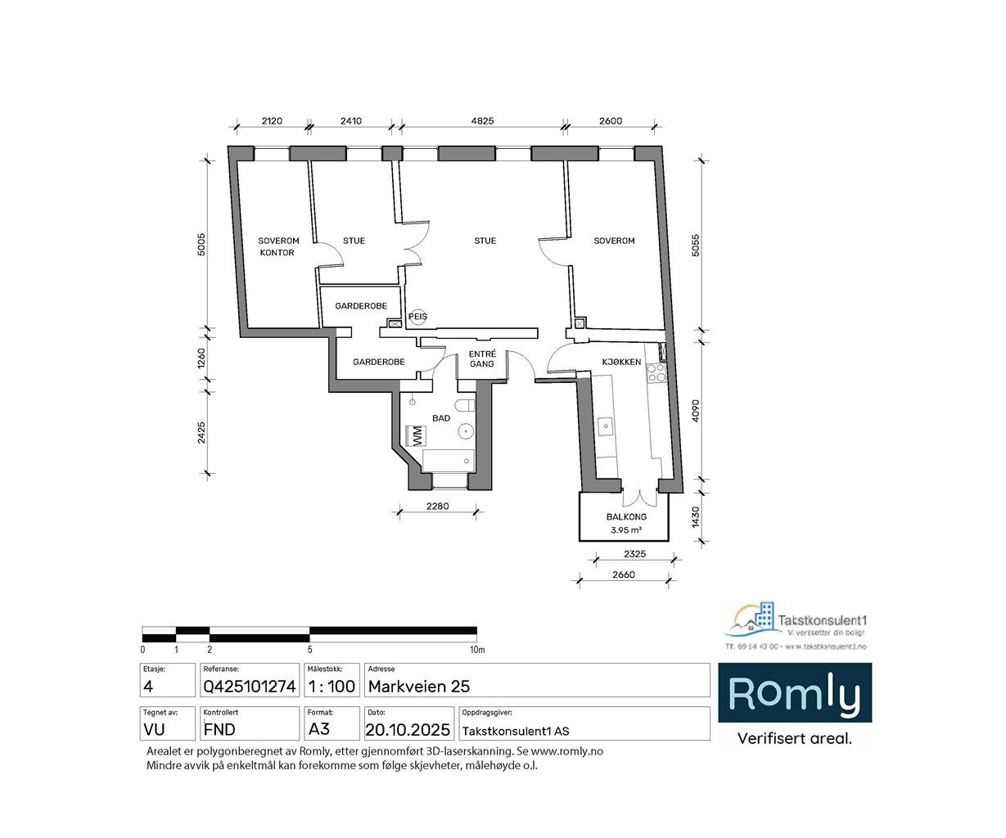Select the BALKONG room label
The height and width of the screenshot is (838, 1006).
coord(626,517)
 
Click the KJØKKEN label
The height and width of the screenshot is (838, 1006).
coord(621,362)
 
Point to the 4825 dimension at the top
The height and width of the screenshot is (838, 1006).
coord(481,121)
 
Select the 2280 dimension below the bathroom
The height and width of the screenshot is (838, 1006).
coord(437,506)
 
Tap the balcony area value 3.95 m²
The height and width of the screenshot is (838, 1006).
coord(626,530)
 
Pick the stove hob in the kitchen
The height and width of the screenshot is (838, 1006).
coord(656,373)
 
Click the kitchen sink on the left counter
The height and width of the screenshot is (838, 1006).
coord(607,425)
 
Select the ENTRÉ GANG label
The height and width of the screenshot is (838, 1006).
coord(482,358)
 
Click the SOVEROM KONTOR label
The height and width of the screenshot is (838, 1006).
coord(278,246)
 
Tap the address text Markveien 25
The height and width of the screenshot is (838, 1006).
coord(419,687)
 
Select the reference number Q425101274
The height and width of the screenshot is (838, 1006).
coord(249,687)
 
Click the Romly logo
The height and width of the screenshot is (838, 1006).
coord(794,694)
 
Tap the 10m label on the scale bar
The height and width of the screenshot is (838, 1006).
coord(477,650)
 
